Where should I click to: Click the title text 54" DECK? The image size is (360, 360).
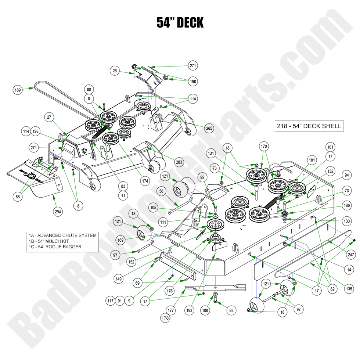tap(180, 22)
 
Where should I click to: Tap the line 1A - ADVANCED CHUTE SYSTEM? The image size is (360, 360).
tap(62, 235)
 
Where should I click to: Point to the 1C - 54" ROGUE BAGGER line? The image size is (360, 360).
tap(54, 247)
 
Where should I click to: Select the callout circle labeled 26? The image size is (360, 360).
tap(115, 71)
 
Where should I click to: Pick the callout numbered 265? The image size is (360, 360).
tap(209, 128)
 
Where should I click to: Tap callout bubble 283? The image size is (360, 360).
tap(180, 162)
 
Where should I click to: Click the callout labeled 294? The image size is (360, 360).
tap(58, 211)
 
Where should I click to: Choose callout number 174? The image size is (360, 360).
tap(146, 181)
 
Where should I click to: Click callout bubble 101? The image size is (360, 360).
tap(330, 147)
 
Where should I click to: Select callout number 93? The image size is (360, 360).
tap(231, 311)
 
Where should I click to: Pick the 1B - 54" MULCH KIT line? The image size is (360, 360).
tap(49, 241)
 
